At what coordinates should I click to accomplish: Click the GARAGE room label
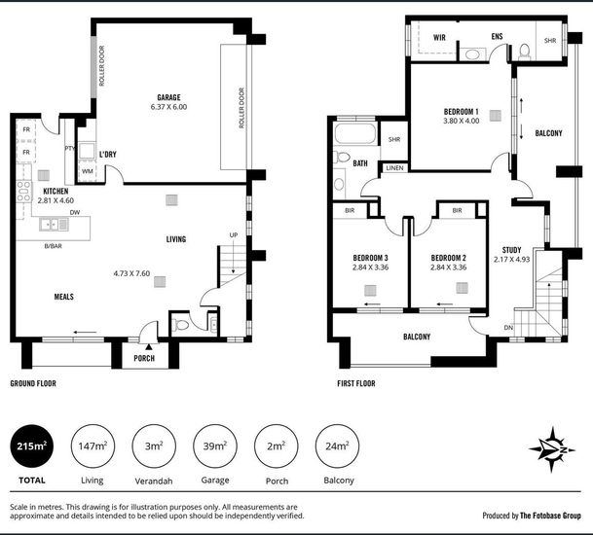click(x=168, y=97)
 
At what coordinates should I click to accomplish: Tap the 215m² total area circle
click(x=32, y=446)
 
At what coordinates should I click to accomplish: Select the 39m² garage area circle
click(x=215, y=446)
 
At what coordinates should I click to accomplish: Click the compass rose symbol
click(x=552, y=449)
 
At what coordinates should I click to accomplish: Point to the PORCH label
click(x=144, y=358)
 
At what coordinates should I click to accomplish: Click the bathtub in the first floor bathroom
click(x=355, y=132)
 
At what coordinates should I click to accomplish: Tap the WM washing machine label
click(x=88, y=171)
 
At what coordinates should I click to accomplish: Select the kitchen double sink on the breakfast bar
click(x=55, y=225)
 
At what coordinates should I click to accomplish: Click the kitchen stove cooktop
click(x=23, y=192)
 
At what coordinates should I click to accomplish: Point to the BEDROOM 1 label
click(x=461, y=112)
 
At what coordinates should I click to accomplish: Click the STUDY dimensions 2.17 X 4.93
click(x=511, y=260)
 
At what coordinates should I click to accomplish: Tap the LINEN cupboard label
click(x=394, y=167)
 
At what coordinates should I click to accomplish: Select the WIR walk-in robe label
click(x=439, y=37)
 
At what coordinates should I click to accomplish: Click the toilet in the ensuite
click(x=525, y=53)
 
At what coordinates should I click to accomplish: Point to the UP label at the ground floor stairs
click(x=234, y=235)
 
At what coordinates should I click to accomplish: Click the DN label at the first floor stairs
click(x=508, y=328)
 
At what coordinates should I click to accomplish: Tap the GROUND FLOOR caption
click(x=33, y=383)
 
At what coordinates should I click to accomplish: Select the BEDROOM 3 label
click(x=370, y=258)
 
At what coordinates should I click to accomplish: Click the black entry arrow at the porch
click(x=149, y=346)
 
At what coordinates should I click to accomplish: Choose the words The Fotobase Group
click(x=550, y=516)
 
